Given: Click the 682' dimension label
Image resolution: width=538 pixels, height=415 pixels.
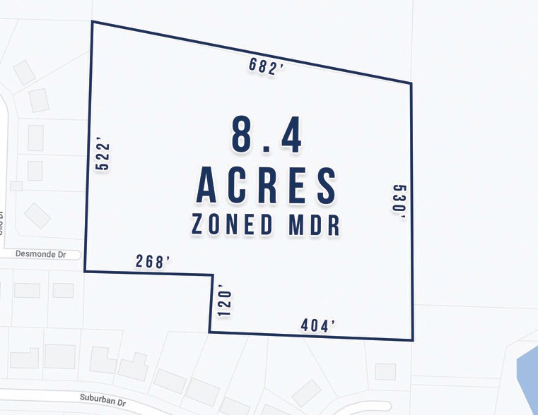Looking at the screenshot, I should pos(266,66).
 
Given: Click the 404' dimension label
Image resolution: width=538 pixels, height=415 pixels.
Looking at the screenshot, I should pos(317,325).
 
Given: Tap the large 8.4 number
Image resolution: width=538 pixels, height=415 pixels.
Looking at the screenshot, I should pos(267,136).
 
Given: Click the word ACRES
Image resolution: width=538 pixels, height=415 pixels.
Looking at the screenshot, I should pos(267,186).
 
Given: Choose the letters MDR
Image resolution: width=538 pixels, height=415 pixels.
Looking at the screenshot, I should pos(312,225).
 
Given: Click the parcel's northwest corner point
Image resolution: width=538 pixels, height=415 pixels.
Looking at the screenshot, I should pos(92,22).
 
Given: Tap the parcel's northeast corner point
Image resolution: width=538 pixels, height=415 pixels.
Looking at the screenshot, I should pos(411,83).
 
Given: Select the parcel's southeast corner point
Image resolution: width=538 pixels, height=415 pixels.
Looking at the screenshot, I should pos(412,339).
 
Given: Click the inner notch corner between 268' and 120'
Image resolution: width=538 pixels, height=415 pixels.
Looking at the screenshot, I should pos(213,275).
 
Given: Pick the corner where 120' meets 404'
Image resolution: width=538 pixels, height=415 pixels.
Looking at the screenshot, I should pos(209,331).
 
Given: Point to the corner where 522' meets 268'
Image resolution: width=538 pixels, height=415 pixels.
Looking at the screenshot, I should pos(85,271).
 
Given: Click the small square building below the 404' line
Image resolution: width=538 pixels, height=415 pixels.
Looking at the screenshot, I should pos(385,371).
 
